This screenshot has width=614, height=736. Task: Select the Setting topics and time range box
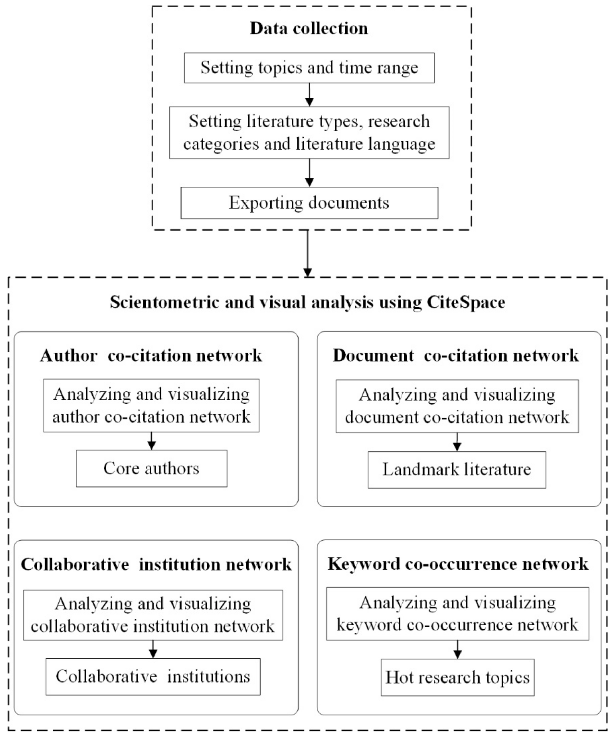[x=309, y=68]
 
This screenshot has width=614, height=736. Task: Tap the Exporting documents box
[x=309, y=203]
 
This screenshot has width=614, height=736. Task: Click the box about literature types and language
[x=309, y=132]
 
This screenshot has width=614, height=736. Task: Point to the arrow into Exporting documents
[x=309, y=173]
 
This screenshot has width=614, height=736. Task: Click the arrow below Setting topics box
[x=309, y=95]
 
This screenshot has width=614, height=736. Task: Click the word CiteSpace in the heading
[x=466, y=302]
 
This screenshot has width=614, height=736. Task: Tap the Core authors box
[x=151, y=468]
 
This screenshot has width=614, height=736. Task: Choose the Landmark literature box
[x=457, y=470]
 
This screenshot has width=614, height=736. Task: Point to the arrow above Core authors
[x=151, y=441]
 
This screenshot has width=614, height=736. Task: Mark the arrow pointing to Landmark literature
[x=457, y=442]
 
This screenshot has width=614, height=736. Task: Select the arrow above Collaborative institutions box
[x=153, y=649]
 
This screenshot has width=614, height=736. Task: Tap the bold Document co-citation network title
[x=455, y=355]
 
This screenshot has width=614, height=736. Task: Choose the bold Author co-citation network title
[x=151, y=355]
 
